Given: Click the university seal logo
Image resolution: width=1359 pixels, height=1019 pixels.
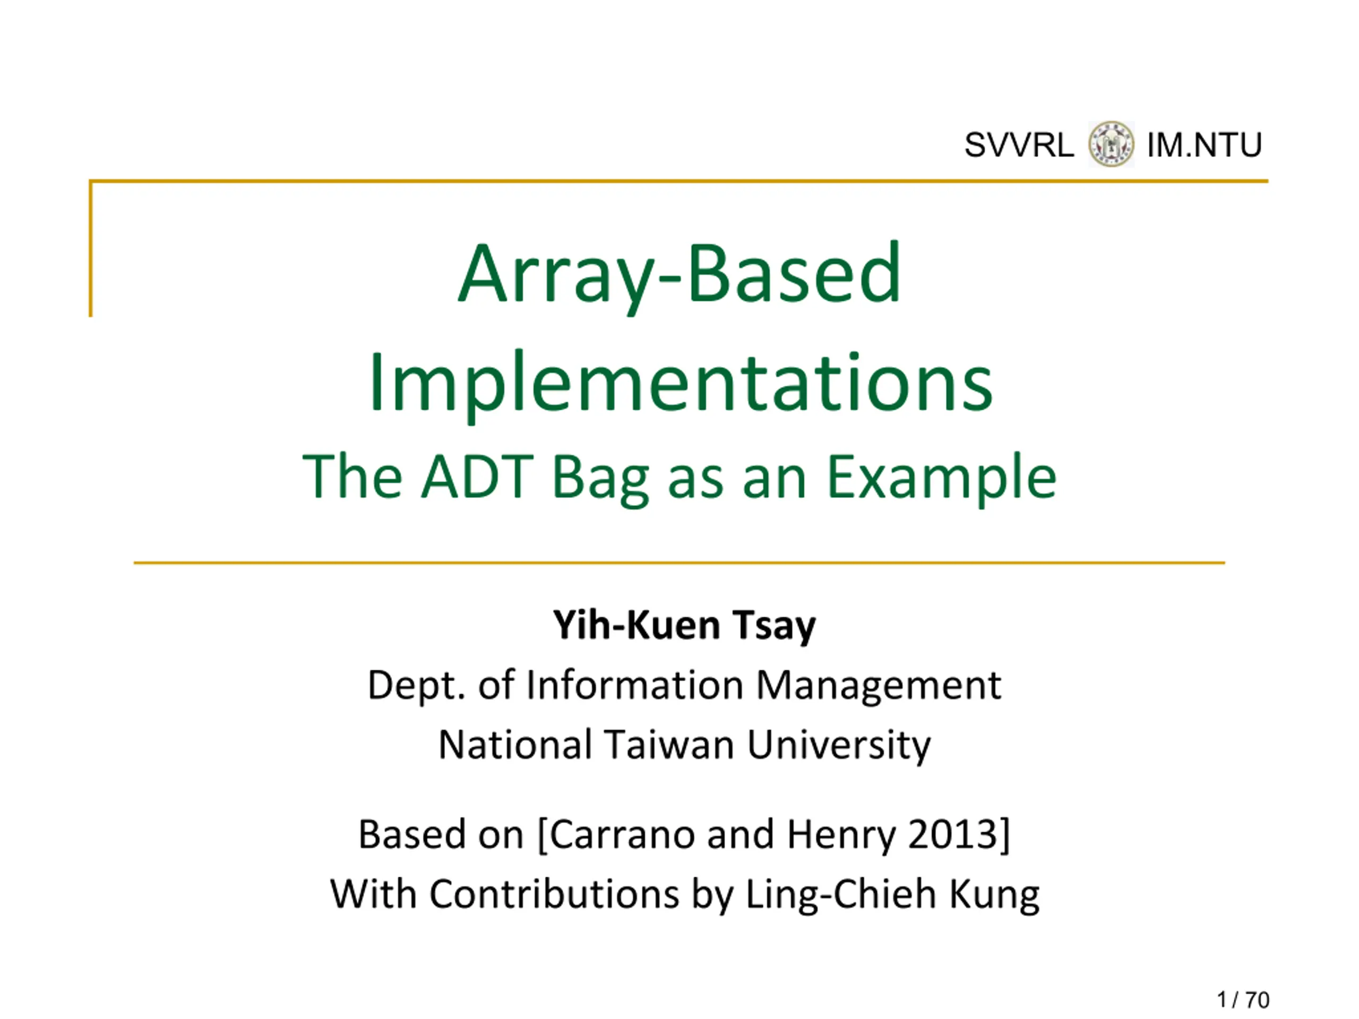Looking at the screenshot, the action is [x=1111, y=144].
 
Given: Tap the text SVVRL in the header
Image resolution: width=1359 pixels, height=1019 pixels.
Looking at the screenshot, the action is [x=1019, y=145].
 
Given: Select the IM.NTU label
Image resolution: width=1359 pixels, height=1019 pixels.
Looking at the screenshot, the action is [x=1204, y=145].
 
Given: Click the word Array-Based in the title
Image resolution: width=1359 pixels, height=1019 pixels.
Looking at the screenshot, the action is [x=679, y=275].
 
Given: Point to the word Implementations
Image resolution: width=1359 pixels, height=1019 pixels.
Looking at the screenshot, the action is [x=680, y=383].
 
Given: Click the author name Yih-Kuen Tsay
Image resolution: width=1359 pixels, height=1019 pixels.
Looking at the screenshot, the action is [x=684, y=626].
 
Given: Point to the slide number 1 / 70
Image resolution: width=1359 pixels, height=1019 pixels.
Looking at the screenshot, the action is [x=1243, y=1000].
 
